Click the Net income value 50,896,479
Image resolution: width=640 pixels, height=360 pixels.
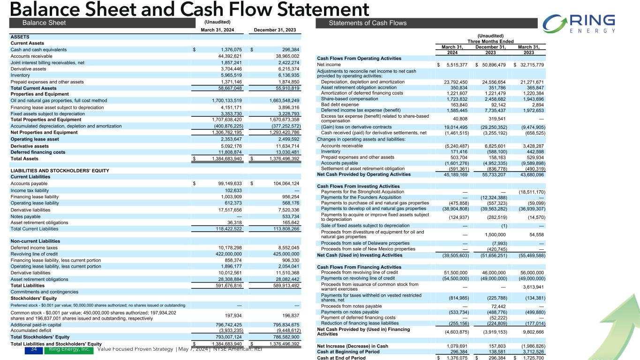coord(492,64)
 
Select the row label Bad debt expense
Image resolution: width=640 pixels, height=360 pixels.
coord(338,92)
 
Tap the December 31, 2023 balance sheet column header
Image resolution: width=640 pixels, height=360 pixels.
coord(275,30)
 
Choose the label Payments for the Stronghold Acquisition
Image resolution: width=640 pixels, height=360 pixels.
coord(362,192)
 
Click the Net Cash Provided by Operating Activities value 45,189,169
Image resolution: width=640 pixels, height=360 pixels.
coord(452,174)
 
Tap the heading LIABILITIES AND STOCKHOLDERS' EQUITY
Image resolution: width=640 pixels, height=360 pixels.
coord(60,171)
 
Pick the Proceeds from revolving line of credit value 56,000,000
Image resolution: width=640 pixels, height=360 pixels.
coord(529,272)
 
